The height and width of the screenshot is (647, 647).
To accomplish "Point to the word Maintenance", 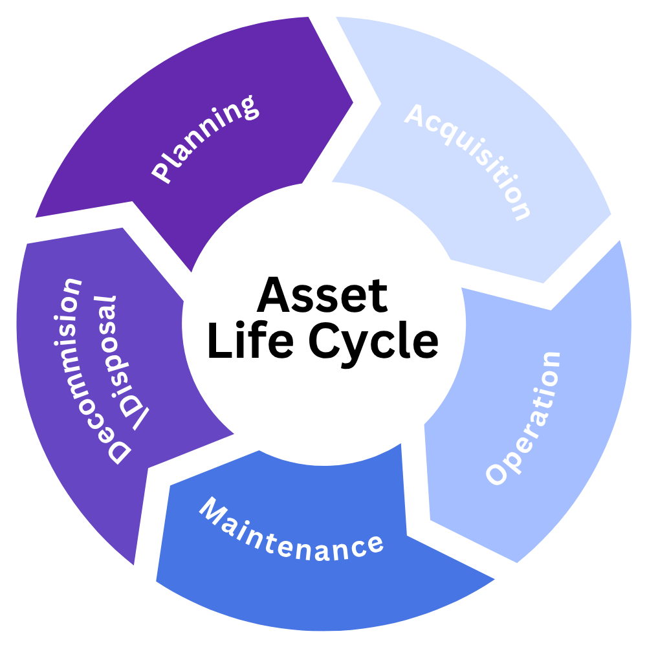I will point(291,531).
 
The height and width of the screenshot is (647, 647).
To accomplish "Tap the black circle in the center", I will point(323,323).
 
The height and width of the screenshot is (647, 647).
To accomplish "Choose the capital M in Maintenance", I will point(213,510).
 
